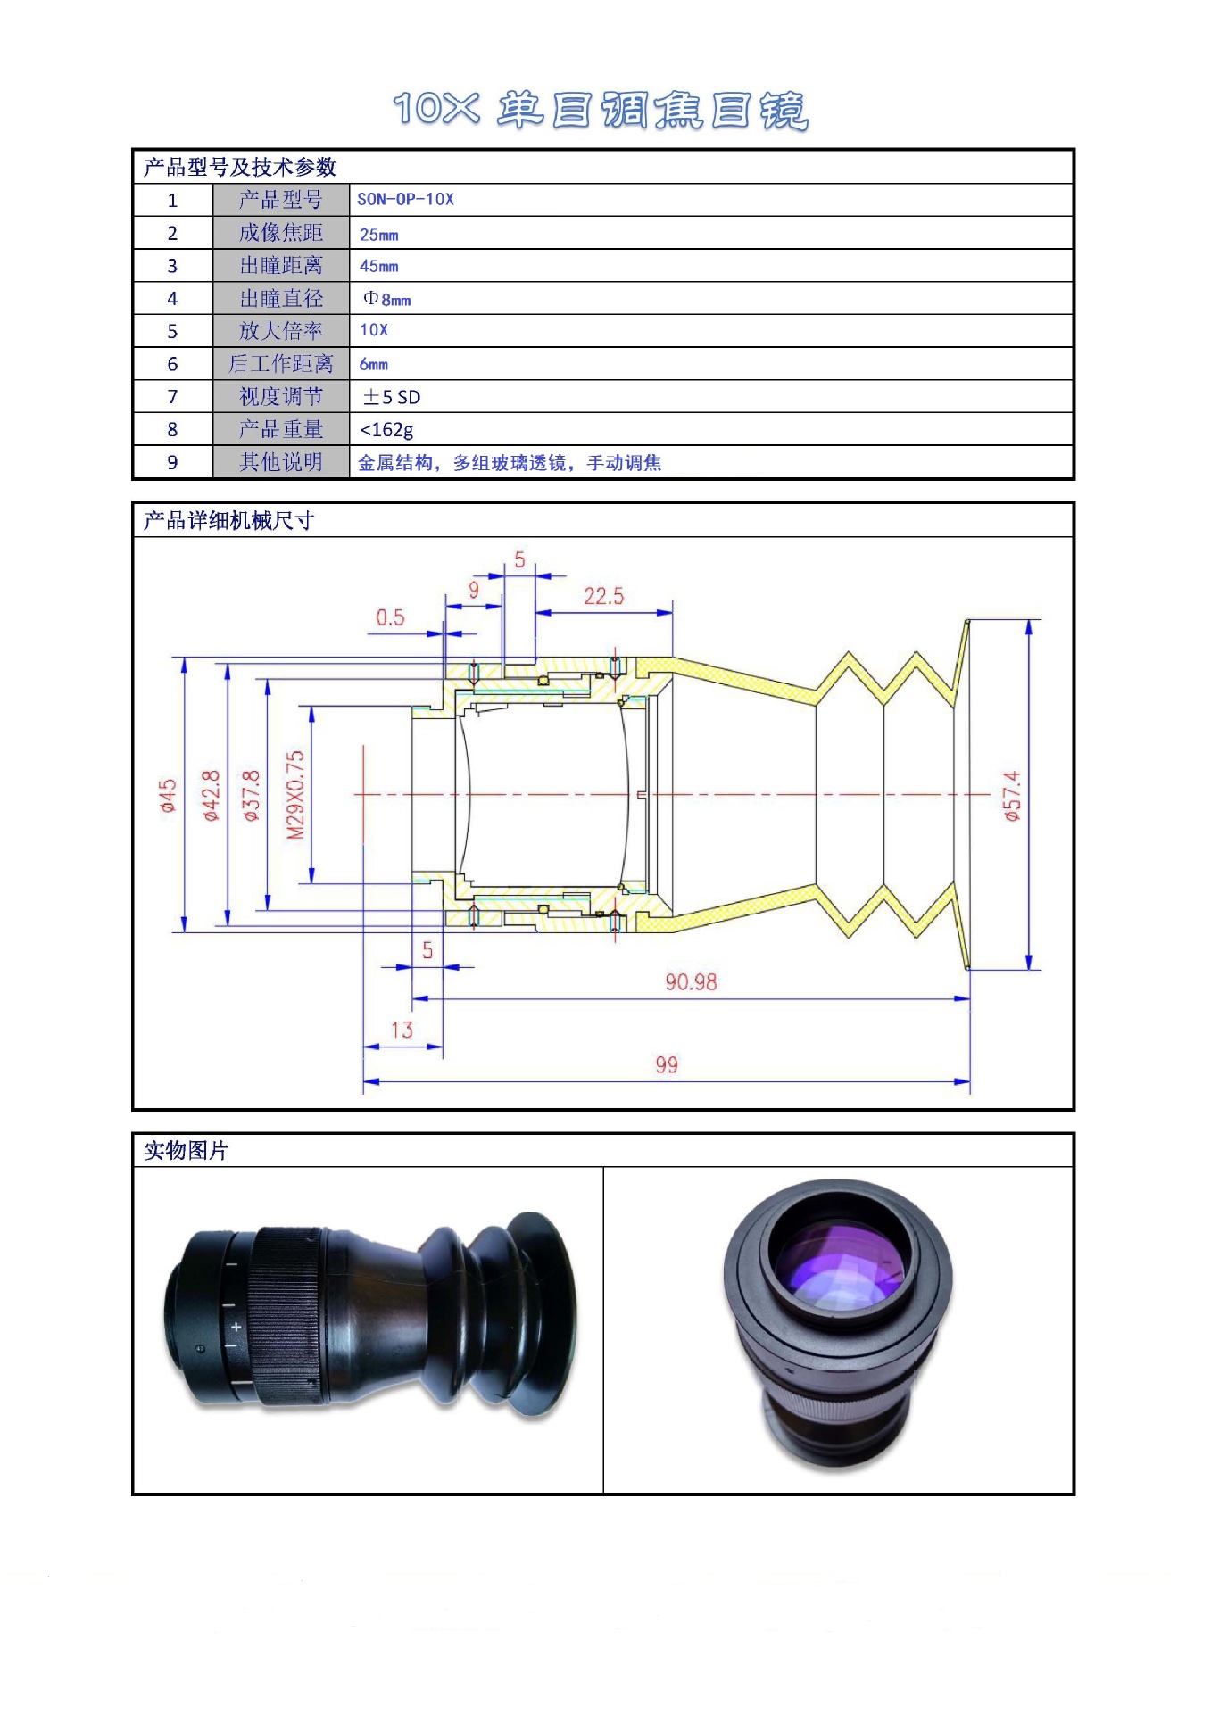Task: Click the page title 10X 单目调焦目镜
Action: pyautogui.click(x=600, y=111)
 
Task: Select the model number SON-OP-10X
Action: pyautogui.click(x=405, y=199)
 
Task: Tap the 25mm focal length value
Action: pyautogui.click(x=378, y=235)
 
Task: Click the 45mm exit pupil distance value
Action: pyautogui.click(x=378, y=266)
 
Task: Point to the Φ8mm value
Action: pyautogui.click(x=387, y=299)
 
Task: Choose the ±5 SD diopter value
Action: pyautogui.click(x=391, y=397)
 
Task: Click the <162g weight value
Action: pyautogui.click(x=386, y=430)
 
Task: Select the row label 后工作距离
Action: pyautogui.click(x=280, y=364)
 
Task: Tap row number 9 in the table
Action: pyautogui.click(x=172, y=462)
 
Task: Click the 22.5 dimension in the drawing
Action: pyautogui.click(x=603, y=596)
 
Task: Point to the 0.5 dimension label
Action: pyautogui.click(x=390, y=617)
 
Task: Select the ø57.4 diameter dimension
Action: pyautogui.click(x=1011, y=796)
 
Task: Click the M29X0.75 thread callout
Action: pyautogui.click(x=295, y=795)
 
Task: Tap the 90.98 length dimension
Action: pyautogui.click(x=691, y=981)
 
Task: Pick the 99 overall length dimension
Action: pyautogui.click(x=666, y=1064)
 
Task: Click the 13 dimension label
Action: pyautogui.click(x=402, y=1030)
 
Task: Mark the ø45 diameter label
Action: pyautogui.click(x=168, y=796)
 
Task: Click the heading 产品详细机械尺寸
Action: pyautogui.click(x=228, y=520)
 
